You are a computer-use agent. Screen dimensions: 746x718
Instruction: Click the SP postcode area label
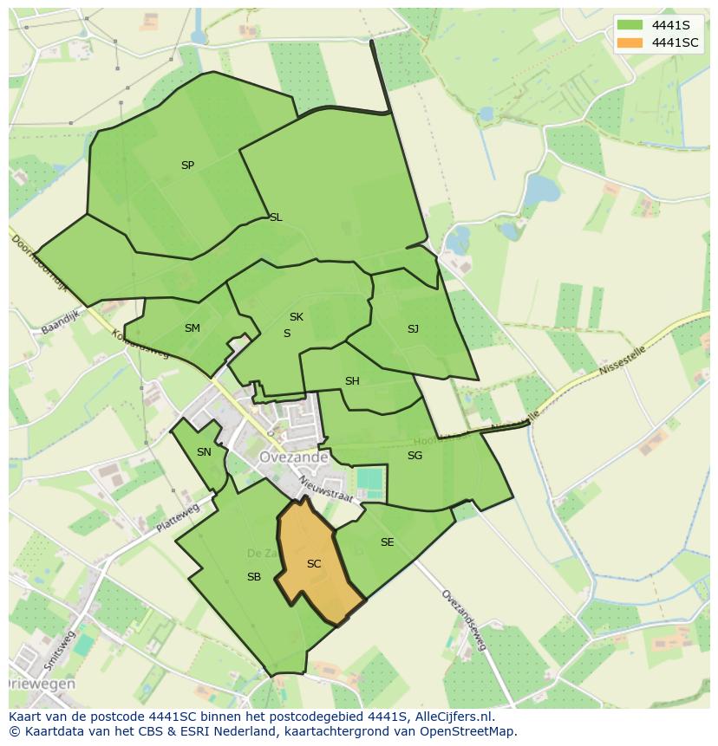(x=187, y=165)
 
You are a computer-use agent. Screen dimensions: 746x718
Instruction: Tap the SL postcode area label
(x=276, y=217)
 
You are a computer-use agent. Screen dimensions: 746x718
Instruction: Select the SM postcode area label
(x=193, y=328)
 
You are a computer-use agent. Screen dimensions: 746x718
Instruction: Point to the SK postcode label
(x=297, y=317)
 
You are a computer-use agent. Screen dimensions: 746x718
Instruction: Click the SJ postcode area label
(x=413, y=329)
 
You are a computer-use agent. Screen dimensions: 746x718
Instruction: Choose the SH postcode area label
(x=352, y=381)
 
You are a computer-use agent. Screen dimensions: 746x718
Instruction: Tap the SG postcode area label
(x=414, y=456)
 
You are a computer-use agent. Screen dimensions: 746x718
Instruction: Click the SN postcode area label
(x=204, y=452)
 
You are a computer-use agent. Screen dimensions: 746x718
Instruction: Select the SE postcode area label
(x=387, y=542)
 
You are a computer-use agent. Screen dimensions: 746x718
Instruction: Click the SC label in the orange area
(x=314, y=564)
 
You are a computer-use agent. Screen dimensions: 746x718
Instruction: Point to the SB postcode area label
(x=254, y=577)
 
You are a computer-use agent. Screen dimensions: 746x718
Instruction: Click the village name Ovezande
(x=293, y=457)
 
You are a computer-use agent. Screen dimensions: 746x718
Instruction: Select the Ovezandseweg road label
(x=464, y=620)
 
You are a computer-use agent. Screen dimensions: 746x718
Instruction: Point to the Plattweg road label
(x=178, y=517)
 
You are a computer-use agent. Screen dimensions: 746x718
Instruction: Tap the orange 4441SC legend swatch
(x=630, y=42)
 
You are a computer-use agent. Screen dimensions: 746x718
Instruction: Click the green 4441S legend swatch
(x=630, y=24)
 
